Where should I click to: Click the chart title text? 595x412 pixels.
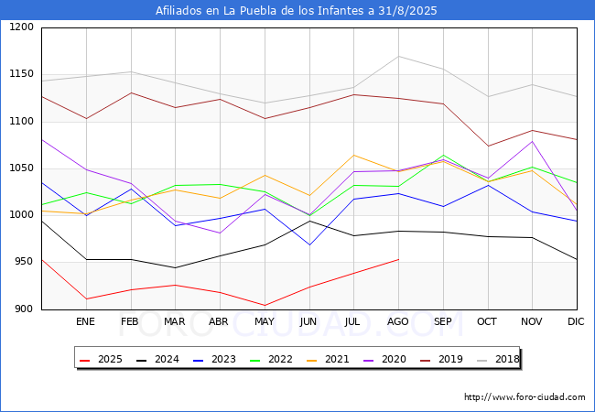(x=297, y=11)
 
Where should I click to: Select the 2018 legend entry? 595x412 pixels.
(x=498, y=359)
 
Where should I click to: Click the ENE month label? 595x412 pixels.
(x=85, y=321)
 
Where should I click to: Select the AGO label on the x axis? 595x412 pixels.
(x=398, y=321)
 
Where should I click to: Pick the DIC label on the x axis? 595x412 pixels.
(x=576, y=321)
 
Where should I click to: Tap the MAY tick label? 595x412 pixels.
(x=264, y=321)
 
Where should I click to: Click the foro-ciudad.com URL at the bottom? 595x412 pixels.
(x=525, y=397)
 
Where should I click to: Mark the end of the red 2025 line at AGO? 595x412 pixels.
(x=398, y=259)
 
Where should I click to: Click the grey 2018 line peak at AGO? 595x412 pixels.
(x=398, y=57)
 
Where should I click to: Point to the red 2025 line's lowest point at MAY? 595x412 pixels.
(x=264, y=306)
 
